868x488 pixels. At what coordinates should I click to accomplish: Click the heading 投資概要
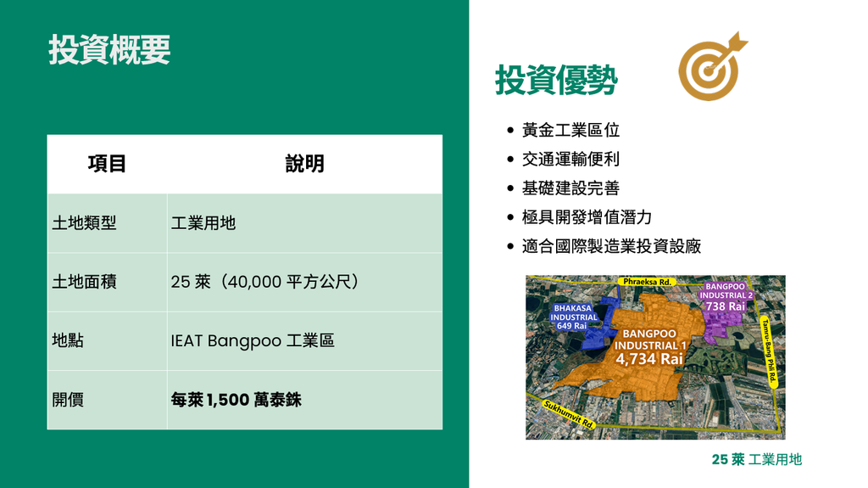109,50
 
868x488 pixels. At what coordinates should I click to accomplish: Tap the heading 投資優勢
556,80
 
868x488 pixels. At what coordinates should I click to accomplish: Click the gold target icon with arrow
712,66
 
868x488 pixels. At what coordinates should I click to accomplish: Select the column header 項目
107,164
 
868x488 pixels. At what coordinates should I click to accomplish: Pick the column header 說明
304,164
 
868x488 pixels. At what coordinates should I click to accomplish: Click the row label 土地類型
84,223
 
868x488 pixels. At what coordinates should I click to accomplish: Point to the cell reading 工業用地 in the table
203,223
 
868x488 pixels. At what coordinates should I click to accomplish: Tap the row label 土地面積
84,282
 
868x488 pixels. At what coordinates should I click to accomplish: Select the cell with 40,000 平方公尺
265,282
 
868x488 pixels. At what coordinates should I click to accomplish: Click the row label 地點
68,340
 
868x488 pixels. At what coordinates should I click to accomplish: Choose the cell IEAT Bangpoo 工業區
253,340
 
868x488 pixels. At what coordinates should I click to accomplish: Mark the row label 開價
68,399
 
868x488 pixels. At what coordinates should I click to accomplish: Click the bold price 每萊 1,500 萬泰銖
236,399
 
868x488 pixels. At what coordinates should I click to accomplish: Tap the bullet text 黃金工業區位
570,130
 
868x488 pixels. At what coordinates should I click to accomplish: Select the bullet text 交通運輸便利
570,160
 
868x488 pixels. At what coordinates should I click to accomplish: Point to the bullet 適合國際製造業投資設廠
612,245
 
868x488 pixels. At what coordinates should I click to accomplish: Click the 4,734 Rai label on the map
649,359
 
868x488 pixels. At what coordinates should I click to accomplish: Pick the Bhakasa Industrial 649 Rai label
574,317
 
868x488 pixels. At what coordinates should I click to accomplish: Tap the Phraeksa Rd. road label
647,282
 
